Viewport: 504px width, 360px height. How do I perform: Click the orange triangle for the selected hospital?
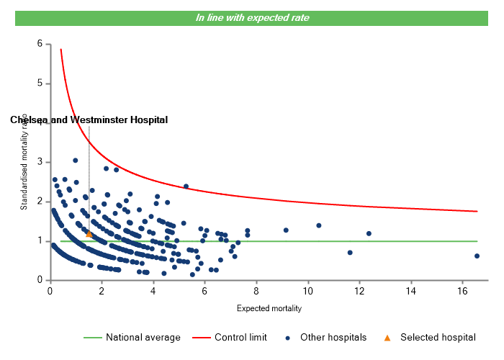point(89,234)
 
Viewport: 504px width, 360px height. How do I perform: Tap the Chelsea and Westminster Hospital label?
point(89,120)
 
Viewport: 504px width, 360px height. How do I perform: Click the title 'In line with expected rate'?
point(252,17)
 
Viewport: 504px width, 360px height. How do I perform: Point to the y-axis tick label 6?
point(40,44)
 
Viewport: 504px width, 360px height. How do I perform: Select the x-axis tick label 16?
point(462,292)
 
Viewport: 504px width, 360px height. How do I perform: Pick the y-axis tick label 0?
point(40,280)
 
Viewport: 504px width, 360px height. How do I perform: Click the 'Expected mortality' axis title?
point(269,308)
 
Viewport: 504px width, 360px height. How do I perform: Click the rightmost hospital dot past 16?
point(477,256)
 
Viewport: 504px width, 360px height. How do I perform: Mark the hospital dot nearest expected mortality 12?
point(369,233)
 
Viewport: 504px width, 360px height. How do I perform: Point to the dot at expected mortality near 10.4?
point(318,225)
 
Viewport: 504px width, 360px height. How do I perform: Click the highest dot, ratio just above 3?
point(75,161)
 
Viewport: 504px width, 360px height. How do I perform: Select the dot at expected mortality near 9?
point(286,230)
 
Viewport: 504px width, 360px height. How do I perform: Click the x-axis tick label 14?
point(410,292)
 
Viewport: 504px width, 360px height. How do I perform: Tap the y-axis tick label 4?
point(40,122)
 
